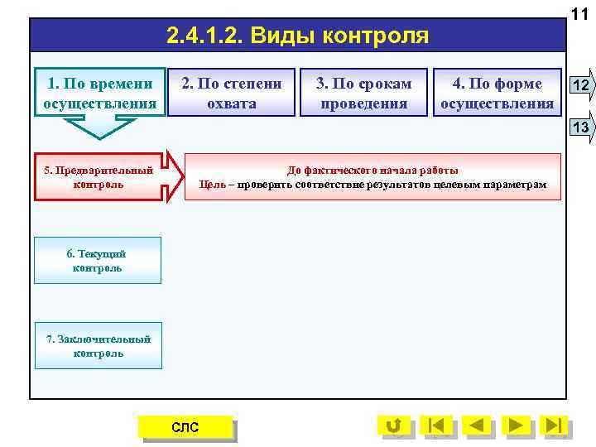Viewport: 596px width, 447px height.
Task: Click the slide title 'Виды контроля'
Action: [x=297, y=36]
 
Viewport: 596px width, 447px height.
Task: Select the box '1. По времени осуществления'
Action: [x=100, y=93]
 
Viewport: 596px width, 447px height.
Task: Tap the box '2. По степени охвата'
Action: [x=232, y=93]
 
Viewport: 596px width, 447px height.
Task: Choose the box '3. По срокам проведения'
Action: [x=364, y=93]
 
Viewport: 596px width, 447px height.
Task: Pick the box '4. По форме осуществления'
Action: [x=497, y=93]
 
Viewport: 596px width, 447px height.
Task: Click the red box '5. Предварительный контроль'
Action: [x=98, y=177]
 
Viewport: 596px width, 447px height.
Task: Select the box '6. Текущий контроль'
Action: [x=98, y=261]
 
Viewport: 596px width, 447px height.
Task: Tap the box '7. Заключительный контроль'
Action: [x=98, y=346]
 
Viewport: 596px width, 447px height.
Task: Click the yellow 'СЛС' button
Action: [x=185, y=426]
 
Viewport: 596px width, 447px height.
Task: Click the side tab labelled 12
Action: [x=581, y=85]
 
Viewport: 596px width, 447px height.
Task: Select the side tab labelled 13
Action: [x=581, y=127]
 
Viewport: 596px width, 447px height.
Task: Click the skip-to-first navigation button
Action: [x=436, y=425]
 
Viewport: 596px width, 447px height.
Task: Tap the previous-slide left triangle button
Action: [x=476, y=425]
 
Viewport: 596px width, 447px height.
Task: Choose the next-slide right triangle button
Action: [x=516, y=425]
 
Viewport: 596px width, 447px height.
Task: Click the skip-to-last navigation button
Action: [x=555, y=425]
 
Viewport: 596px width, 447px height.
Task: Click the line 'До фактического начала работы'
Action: [x=372, y=170]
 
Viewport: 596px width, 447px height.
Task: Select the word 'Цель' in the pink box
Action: [x=213, y=184]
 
